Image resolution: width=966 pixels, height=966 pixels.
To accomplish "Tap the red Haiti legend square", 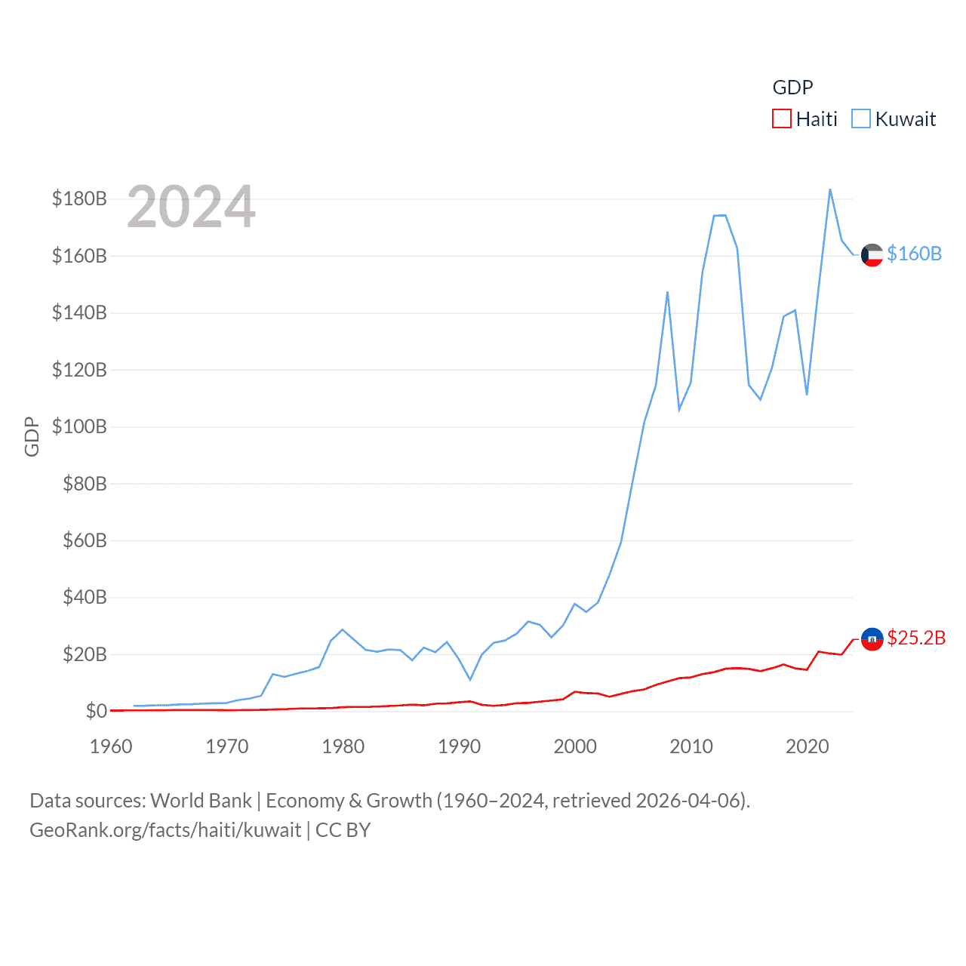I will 782,119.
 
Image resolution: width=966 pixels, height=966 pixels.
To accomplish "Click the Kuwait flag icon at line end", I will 872,255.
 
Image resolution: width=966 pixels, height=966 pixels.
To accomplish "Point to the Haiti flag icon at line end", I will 872,639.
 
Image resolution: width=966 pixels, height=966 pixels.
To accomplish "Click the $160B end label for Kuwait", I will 914,254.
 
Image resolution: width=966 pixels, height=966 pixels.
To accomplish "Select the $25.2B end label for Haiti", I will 916,638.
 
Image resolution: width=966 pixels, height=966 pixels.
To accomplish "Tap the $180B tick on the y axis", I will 79,198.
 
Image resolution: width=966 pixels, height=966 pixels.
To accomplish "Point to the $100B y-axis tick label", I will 79,426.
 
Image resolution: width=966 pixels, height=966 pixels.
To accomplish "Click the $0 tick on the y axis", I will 96,711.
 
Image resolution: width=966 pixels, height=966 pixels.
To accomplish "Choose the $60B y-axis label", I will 84,540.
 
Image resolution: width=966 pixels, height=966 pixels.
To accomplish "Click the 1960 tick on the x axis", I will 111,746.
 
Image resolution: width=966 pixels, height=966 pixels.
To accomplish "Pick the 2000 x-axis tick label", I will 575,746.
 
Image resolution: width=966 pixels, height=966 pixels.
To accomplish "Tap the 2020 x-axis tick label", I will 807,746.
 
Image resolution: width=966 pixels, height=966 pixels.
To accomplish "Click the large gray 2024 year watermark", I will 191,207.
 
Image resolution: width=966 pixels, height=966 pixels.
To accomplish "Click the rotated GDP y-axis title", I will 32,436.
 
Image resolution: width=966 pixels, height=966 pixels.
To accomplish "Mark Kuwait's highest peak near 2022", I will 830,189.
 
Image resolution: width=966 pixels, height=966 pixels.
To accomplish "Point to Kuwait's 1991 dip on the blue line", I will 470,680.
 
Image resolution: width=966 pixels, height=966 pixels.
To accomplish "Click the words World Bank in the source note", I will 201,801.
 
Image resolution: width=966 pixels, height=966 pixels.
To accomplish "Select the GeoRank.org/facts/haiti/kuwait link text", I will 165,830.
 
